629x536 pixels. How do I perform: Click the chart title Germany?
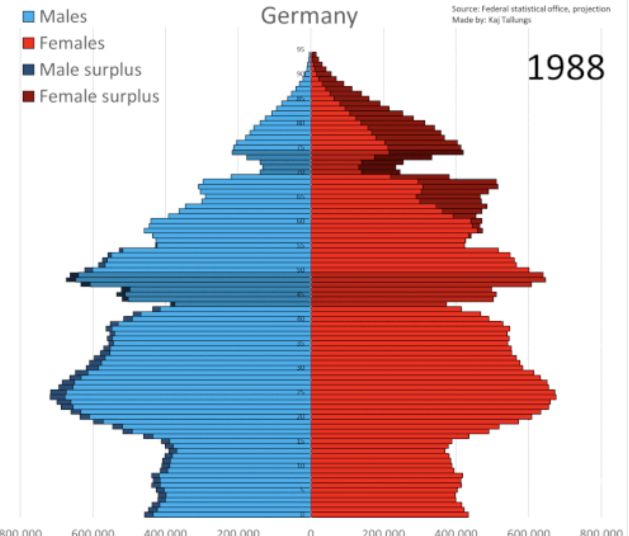coord(309,16)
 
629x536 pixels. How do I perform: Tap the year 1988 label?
coord(565,67)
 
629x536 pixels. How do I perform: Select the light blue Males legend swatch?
coord(29,17)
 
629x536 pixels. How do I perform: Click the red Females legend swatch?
coord(29,43)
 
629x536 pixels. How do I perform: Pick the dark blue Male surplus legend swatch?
coord(29,70)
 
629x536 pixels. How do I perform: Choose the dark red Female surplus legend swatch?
coord(29,97)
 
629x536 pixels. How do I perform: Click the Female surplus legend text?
coord(99,97)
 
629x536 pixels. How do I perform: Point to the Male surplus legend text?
coord(90,70)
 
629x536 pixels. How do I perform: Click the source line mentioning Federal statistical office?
coord(531,9)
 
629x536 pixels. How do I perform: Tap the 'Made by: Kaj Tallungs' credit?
coord(492,20)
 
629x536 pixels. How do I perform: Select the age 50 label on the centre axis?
coord(301,270)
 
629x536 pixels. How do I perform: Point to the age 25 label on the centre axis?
coord(301,392)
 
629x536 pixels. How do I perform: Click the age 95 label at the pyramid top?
coord(300,49)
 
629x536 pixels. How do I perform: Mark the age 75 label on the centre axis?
coord(301,148)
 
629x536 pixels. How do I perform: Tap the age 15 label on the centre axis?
coord(301,441)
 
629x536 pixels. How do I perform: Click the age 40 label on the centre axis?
coord(301,319)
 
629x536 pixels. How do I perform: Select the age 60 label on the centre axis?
coord(301,221)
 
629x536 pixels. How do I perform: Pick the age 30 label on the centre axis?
coord(301,368)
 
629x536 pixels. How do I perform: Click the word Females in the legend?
coord(72,43)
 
